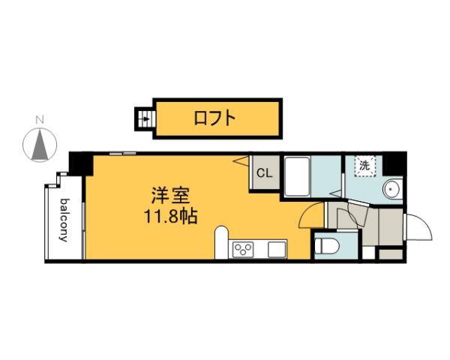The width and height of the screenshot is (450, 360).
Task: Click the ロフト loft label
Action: click(x=215, y=118)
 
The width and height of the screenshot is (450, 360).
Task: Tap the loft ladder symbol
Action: click(x=145, y=118)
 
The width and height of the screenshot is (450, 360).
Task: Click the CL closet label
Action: click(x=264, y=174)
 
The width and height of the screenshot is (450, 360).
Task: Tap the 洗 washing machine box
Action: click(x=364, y=166)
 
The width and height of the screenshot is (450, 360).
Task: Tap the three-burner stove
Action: click(x=244, y=249)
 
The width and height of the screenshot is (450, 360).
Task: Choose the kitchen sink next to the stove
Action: click(x=277, y=249)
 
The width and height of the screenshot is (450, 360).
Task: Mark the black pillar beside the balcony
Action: click(x=79, y=163)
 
